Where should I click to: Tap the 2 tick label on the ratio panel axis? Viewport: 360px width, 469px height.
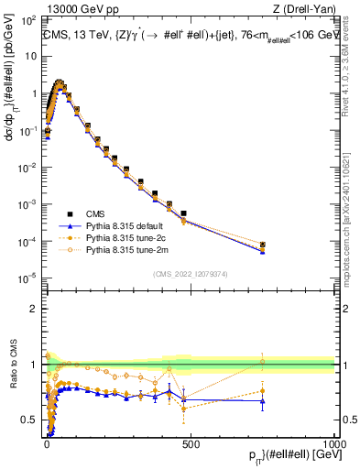click(x=34, y=309)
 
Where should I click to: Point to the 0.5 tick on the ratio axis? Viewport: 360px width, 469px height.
click(x=30, y=420)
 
